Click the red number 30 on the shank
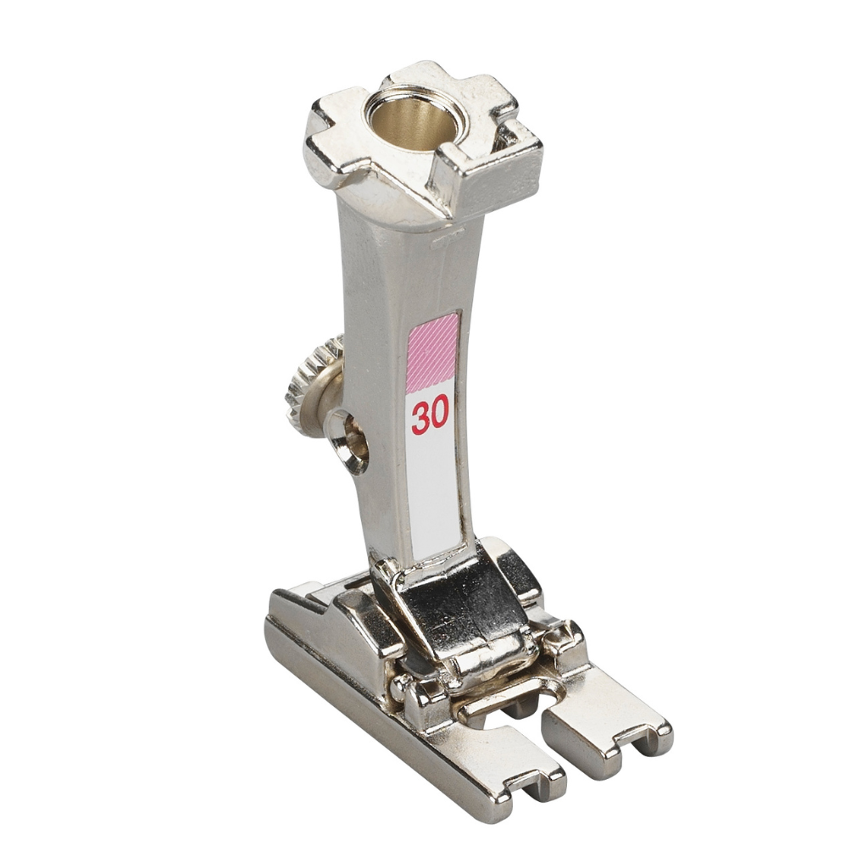point(429,417)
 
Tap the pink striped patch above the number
point(432,352)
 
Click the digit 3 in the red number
point(419,417)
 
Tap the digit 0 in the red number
point(438,417)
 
